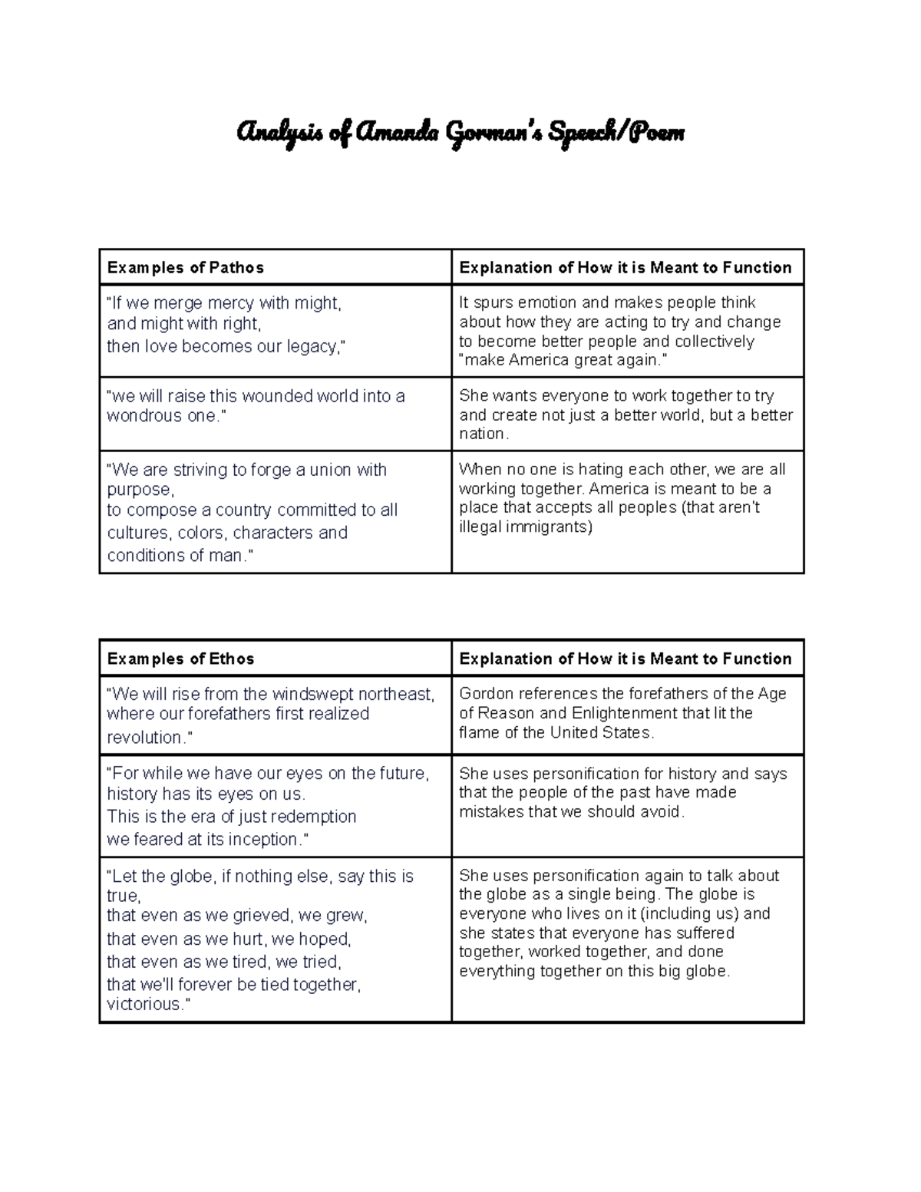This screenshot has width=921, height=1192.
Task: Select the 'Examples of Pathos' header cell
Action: (x=186, y=268)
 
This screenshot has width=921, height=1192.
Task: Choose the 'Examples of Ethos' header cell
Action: (x=180, y=659)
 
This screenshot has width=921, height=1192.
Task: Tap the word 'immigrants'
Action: (x=548, y=527)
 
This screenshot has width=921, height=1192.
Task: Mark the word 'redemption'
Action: (x=314, y=817)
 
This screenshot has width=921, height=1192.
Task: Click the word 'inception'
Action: (x=261, y=840)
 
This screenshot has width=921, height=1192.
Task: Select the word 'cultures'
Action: (x=140, y=533)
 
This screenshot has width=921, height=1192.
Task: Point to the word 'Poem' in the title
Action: (x=656, y=134)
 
